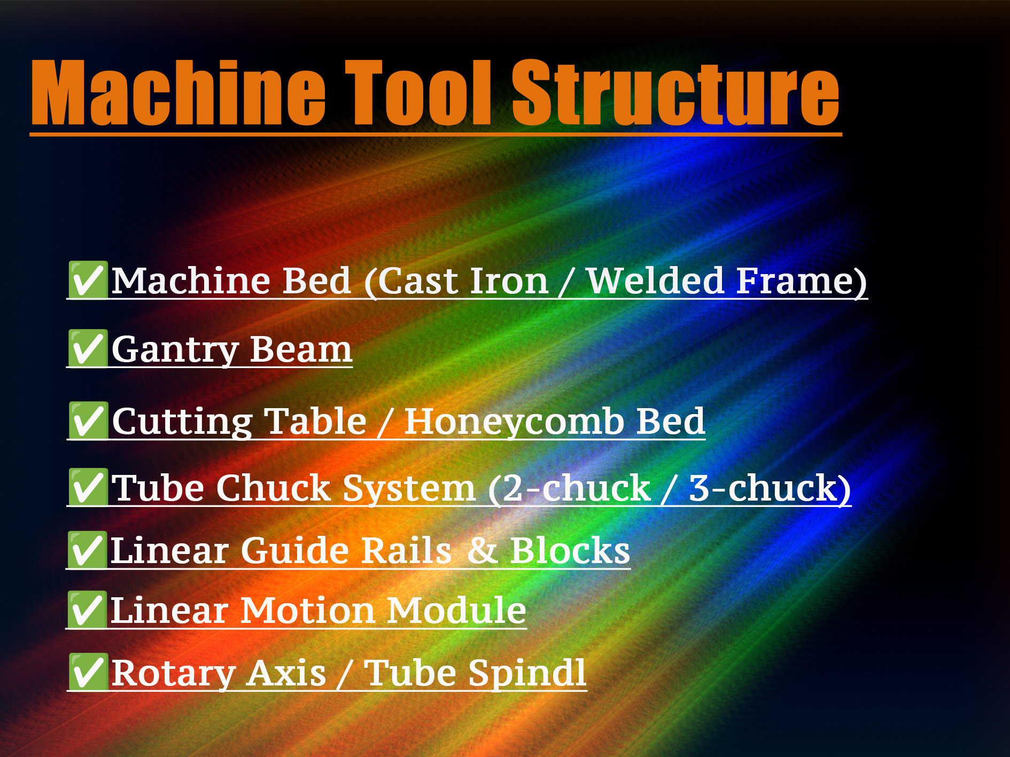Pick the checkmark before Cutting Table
[x=88, y=421]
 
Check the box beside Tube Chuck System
[x=88, y=487]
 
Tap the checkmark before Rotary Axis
[x=88, y=672]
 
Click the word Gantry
[x=175, y=350]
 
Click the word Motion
[x=307, y=611]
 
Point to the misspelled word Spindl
[x=527, y=674]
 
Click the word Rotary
[x=173, y=674]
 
